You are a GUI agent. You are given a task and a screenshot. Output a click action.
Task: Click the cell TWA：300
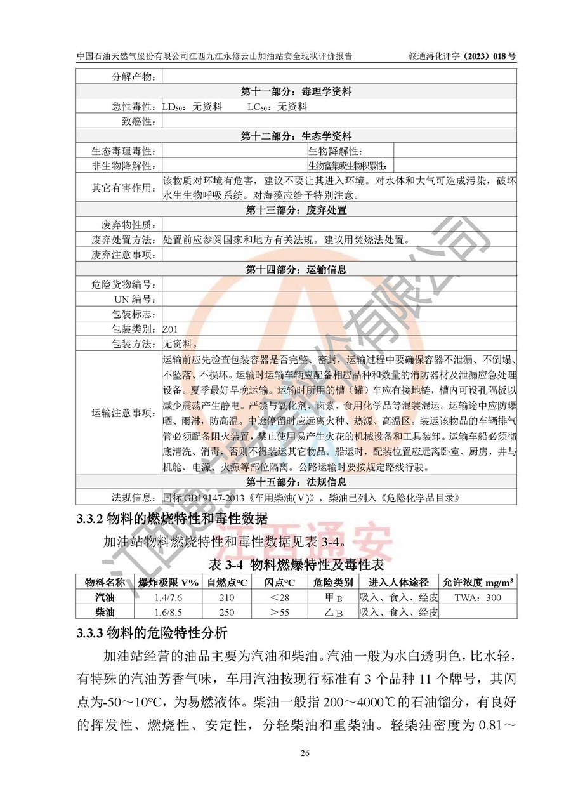478,598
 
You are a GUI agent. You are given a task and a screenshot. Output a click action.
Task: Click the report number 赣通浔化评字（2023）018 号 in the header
462,56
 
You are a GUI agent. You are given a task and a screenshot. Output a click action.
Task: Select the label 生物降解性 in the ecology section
336,151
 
